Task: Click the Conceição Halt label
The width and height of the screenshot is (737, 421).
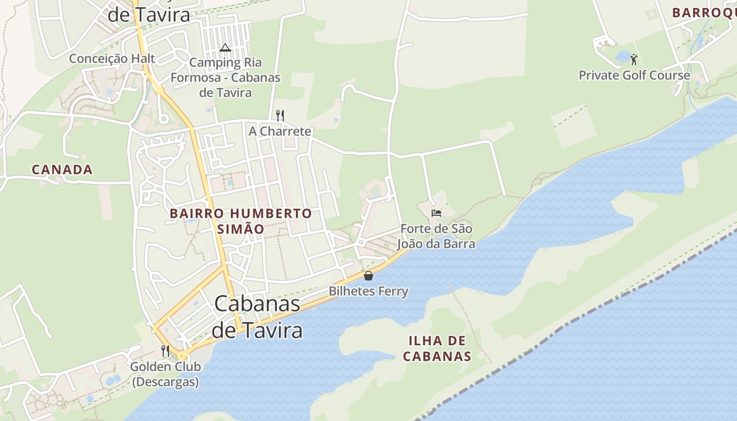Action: click(112, 58)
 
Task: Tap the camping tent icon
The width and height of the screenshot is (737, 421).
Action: click(225, 48)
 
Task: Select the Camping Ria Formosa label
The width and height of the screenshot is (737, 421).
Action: click(225, 77)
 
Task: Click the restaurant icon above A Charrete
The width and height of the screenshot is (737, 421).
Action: click(280, 115)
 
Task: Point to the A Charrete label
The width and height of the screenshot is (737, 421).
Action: click(280, 131)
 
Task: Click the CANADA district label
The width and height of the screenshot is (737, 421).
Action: click(62, 169)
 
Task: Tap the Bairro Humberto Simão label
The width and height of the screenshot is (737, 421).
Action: click(241, 221)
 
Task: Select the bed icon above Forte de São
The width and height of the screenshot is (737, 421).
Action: click(436, 213)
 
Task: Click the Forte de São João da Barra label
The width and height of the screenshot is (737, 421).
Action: click(436, 236)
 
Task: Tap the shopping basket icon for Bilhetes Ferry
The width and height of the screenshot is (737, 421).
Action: click(368, 276)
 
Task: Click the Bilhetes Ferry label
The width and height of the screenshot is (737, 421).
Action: click(368, 291)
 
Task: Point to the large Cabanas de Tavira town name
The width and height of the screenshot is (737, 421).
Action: click(257, 317)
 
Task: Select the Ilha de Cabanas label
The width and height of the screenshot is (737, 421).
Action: click(437, 348)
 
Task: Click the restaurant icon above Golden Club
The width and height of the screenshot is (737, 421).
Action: click(165, 350)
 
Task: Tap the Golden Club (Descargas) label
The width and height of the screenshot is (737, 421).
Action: click(165, 374)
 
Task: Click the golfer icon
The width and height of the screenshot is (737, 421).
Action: click(634, 59)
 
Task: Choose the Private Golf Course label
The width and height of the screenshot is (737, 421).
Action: click(634, 75)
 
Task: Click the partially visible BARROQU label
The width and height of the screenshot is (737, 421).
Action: click(704, 13)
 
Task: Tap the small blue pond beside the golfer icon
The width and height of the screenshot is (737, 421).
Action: click(623, 56)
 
